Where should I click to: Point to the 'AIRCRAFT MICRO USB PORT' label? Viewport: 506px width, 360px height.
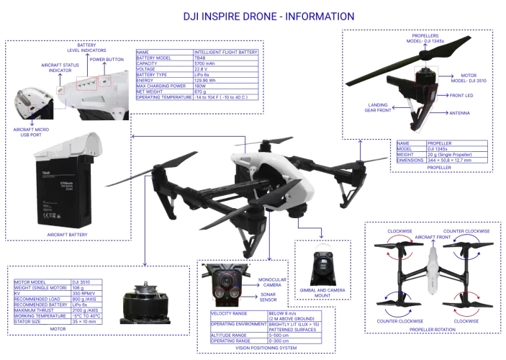pos(34,125)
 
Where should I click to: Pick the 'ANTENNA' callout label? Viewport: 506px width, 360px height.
pos(461,112)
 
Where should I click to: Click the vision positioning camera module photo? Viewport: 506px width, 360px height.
pos(228,284)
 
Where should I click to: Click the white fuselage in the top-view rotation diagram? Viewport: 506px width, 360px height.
pos(432,269)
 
